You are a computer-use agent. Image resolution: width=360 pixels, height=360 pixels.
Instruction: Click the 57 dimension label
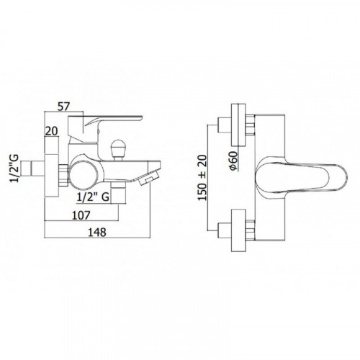pyautogui.click(x=63, y=107)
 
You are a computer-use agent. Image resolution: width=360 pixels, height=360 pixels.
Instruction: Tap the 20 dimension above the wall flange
pyautogui.click(x=52, y=131)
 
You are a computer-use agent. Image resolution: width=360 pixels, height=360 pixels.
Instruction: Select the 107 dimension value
pyautogui.click(x=81, y=215)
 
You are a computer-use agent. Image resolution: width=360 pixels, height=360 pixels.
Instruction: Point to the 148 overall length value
pyautogui.click(x=97, y=232)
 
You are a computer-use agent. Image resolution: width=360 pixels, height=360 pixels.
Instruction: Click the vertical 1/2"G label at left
pyautogui.click(x=14, y=168)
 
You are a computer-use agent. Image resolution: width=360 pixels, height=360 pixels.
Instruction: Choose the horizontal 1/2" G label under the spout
pyautogui.click(x=93, y=197)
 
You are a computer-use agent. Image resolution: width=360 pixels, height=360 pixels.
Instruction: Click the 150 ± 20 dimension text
pyautogui.click(x=202, y=178)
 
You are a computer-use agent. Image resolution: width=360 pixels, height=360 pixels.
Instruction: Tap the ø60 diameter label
pyautogui.click(x=233, y=161)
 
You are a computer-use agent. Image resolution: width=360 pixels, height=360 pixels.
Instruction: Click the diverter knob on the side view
pyautogui.click(x=117, y=150)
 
